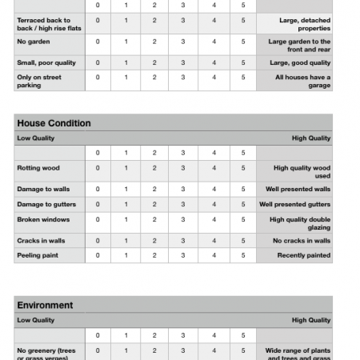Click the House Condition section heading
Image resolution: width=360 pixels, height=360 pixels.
coord(54,123)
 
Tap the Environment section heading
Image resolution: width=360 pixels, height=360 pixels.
coord(45,305)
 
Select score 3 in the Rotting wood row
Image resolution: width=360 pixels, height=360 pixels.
coord(183,168)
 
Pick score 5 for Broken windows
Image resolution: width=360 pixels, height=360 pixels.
coord(243,219)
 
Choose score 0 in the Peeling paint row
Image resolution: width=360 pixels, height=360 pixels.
coord(98,255)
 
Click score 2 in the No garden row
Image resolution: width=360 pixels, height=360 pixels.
coord(154,42)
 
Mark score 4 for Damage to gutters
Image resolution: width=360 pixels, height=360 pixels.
coord(214,204)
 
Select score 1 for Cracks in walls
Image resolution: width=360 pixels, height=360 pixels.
coord(126,240)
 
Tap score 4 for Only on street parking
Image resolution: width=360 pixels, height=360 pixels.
coord(214,78)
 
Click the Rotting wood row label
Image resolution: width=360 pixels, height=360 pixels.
coord(38,168)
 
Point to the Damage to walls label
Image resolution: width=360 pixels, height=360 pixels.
coord(43,190)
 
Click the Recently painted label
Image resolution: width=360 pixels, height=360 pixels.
coord(303,255)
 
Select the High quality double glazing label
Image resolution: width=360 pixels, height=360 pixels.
coord(300,223)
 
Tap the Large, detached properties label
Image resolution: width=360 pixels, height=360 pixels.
coord(304,24)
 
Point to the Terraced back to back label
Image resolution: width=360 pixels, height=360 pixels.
coord(48,24)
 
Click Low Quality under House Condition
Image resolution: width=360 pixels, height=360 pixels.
coord(36,138)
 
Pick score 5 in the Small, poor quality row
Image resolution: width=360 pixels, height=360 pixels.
coord(243,62)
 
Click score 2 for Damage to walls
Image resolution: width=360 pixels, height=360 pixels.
coord(154,190)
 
